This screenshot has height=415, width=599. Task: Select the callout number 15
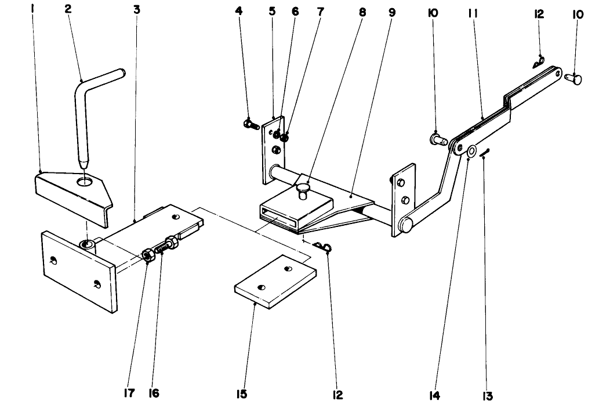coord(241,395)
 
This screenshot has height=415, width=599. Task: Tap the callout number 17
coord(129,394)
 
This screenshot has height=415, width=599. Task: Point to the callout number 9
coord(391,11)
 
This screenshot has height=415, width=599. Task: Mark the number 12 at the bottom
coord(337,395)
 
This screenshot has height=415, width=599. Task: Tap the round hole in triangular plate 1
coord(86,182)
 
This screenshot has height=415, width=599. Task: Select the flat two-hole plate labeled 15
coord(275,280)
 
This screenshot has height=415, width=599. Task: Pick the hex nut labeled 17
coord(148,254)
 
